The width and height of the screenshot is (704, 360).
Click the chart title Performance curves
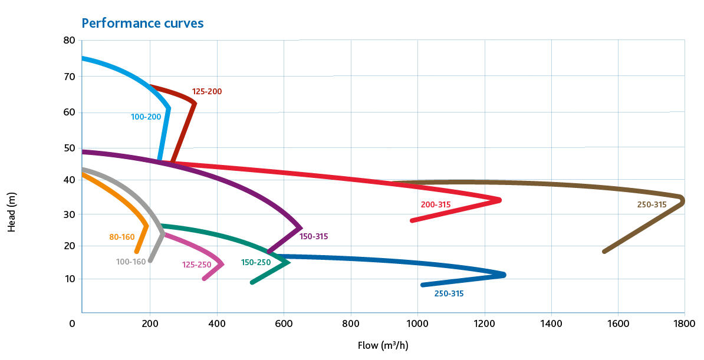pyautogui.click(x=142, y=23)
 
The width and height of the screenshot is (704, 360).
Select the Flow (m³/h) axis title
pyautogui.click(x=383, y=345)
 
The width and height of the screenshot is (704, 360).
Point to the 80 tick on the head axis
pyautogui.click(x=70, y=41)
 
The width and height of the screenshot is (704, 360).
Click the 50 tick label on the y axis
pyautogui.click(x=70, y=147)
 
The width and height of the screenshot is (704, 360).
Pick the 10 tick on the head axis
pyautogui.click(x=70, y=279)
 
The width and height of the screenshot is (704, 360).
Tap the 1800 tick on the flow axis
pyautogui.click(x=685, y=323)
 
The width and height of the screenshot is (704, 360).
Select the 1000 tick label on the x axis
pyautogui.click(x=417, y=323)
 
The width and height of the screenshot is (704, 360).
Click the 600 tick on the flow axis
pyautogui.click(x=284, y=323)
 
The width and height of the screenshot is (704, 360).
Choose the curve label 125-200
pyautogui.click(x=207, y=92)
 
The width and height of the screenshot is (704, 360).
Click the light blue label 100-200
pyautogui.click(x=146, y=117)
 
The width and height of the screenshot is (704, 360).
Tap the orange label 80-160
pyautogui.click(x=122, y=237)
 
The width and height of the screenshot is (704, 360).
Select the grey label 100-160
pyautogui.click(x=131, y=262)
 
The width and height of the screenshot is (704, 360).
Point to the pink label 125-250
pyautogui.click(x=196, y=265)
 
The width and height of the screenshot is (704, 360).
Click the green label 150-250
pyautogui.click(x=256, y=262)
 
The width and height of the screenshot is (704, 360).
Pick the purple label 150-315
pyautogui.click(x=314, y=237)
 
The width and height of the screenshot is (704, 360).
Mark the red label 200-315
pyautogui.click(x=436, y=205)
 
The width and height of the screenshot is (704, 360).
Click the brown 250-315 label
pyautogui.click(x=652, y=205)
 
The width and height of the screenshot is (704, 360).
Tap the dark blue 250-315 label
pyautogui.click(x=449, y=293)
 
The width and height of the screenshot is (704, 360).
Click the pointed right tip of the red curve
pyautogui.click(x=499, y=200)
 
